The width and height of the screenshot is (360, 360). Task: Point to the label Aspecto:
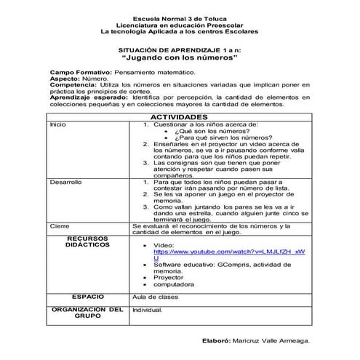tap(63, 79)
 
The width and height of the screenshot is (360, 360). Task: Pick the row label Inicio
tap(57, 124)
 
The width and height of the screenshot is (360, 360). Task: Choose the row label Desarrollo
tap(66, 180)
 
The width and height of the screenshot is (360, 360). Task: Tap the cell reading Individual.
tap(147, 309)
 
